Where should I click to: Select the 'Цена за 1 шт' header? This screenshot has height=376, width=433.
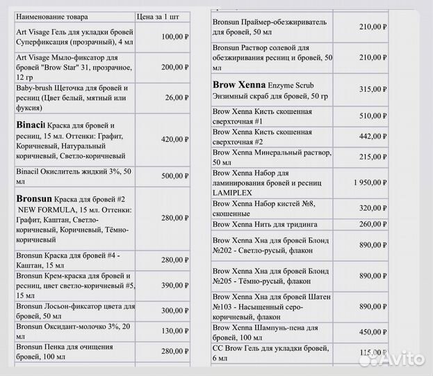(x=163, y=14)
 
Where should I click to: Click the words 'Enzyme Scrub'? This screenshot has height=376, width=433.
(x=285, y=84)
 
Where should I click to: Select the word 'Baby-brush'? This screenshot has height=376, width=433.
(x=34, y=88)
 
